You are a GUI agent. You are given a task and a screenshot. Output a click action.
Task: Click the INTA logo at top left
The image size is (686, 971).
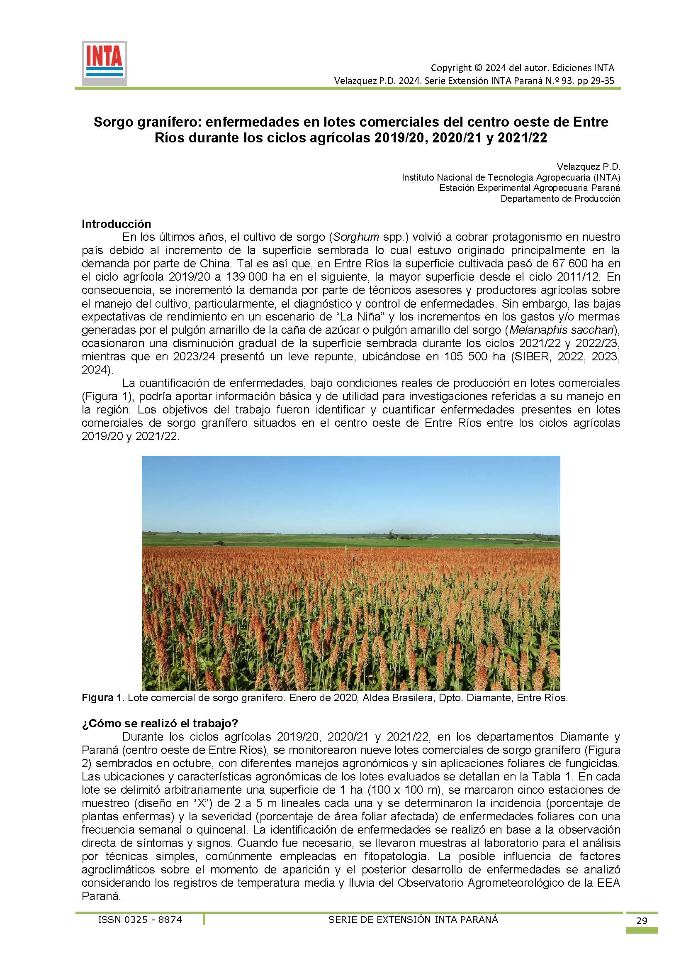(x=105, y=64)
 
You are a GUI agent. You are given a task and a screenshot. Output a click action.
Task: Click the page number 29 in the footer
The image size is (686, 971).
(x=641, y=920)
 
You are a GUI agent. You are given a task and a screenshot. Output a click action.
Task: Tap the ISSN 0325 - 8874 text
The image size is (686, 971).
(x=140, y=920)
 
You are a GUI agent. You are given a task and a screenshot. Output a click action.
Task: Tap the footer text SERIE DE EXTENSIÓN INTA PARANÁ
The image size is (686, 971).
(x=413, y=920)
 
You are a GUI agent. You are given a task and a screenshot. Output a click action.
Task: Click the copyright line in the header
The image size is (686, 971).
(x=522, y=68)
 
